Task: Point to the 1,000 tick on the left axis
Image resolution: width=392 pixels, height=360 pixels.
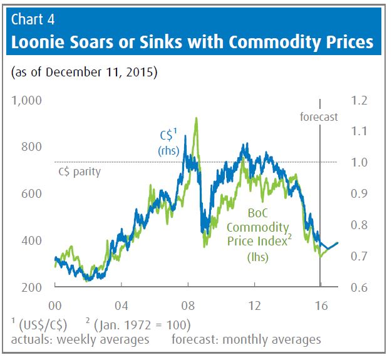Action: point(26,100)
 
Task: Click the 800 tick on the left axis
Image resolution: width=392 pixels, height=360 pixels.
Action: point(31,147)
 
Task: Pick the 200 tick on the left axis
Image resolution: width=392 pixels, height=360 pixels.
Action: point(31,287)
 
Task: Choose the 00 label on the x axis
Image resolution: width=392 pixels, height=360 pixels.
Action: point(55,307)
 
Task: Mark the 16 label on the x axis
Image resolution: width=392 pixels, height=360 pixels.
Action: point(320,307)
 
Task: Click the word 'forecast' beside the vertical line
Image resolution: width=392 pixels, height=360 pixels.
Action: point(319,116)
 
